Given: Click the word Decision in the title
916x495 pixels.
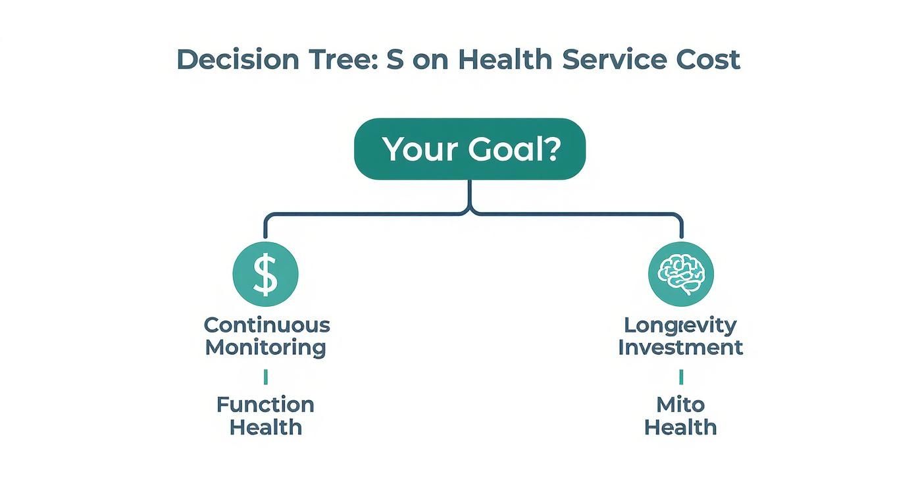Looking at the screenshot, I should coord(238,60).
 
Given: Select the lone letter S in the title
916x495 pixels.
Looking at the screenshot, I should coord(395,60).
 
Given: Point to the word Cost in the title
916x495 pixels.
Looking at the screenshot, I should coord(708,60).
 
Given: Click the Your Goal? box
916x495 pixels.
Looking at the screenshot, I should coord(470,149).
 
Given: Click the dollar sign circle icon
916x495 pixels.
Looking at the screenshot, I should coord(266,274).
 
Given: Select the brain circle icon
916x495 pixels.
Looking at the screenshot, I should coord(680,274).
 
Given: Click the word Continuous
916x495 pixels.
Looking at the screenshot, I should coord(267,325).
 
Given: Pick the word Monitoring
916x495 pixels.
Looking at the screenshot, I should coord(265,348).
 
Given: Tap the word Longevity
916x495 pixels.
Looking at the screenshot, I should coord(680,325).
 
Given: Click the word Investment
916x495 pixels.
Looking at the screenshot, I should coord(680,348).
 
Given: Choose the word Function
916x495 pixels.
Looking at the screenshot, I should coord(265,404).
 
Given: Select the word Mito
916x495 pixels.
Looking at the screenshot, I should coord(680,404).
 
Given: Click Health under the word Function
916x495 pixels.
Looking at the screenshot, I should coord(265,427).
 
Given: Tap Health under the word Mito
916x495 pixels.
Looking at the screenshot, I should coord(680,427).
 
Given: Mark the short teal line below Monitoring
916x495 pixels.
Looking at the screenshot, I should coord(265,377).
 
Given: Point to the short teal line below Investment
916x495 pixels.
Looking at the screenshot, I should coord(680,377).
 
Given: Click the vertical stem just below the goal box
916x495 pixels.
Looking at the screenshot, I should coord(470,194).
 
